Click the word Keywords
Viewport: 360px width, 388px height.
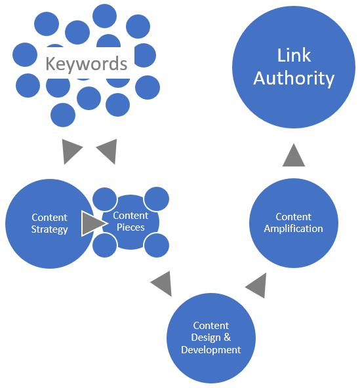point(86,64)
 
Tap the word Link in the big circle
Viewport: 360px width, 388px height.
point(294,55)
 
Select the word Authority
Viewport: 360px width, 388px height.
point(294,79)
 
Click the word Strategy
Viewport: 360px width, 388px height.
point(49,229)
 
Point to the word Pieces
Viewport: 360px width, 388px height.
point(130,227)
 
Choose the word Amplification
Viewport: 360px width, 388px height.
point(293,229)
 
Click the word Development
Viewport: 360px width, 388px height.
point(211,349)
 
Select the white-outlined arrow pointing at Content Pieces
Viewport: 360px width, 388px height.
point(93,223)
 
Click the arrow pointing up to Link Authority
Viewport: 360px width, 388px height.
point(294,155)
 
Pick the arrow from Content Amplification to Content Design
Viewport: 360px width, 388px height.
point(256,285)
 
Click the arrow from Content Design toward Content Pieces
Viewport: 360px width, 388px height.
point(161,284)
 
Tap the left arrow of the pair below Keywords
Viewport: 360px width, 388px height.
point(71,151)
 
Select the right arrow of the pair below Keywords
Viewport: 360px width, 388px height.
point(106,151)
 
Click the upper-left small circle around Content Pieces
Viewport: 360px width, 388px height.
point(104,199)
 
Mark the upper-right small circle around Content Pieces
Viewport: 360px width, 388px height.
point(157,199)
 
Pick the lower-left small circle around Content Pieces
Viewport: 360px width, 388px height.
point(104,244)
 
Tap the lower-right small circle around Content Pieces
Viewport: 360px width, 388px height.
point(157,245)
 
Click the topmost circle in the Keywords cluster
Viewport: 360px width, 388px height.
point(105,15)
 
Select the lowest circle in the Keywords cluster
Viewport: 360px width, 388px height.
point(63,115)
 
